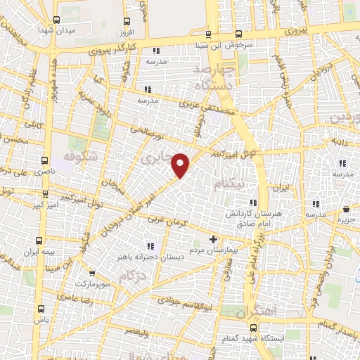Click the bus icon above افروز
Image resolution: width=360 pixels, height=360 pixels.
tap(127, 21)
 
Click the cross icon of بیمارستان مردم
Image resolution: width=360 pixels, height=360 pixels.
tap(214, 239)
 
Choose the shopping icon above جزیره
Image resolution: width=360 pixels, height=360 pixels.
tap(347, 210)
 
